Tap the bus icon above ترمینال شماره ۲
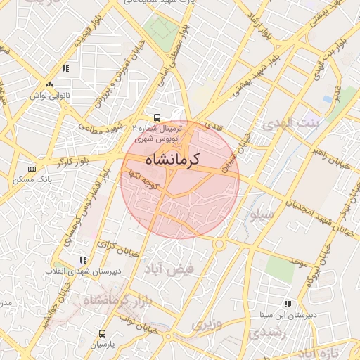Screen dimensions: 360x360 tap(157, 118)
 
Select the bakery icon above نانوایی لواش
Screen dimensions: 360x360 tap(48, 84)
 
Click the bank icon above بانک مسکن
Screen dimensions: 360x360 tap(31, 169)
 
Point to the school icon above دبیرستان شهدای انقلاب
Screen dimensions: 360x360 tap(84, 260)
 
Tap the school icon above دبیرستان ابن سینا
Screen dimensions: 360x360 tap(287, 304)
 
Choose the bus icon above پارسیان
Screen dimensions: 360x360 tap(103, 333)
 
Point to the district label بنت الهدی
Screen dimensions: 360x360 tap(290, 124)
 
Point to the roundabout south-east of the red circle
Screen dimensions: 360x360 tap(219, 244)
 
